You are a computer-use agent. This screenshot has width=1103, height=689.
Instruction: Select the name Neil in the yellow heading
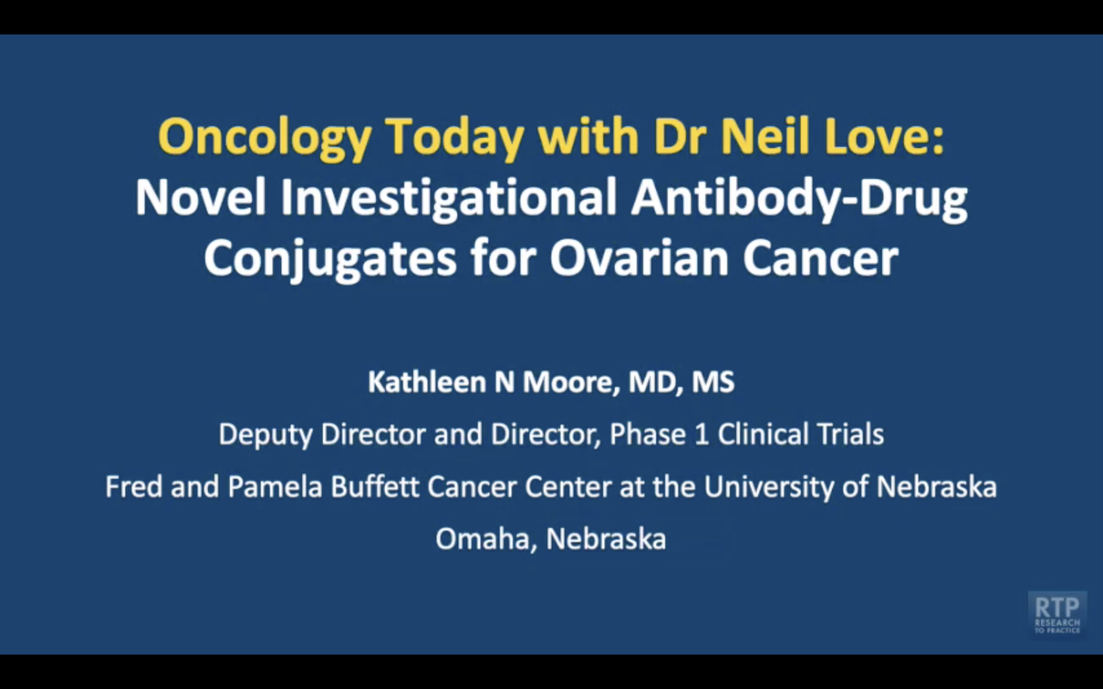[765, 137]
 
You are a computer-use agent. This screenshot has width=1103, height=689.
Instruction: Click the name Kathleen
[427, 382]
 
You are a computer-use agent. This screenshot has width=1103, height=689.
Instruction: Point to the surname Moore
[570, 382]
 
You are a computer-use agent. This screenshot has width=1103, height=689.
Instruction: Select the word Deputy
[266, 434]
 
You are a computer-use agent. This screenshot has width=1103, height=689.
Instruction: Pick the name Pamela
[275, 486]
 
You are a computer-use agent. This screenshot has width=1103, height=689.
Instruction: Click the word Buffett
[375, 486]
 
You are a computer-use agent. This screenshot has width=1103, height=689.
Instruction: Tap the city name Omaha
[482, 539]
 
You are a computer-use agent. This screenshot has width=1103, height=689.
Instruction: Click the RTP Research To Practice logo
[1057, 613]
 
